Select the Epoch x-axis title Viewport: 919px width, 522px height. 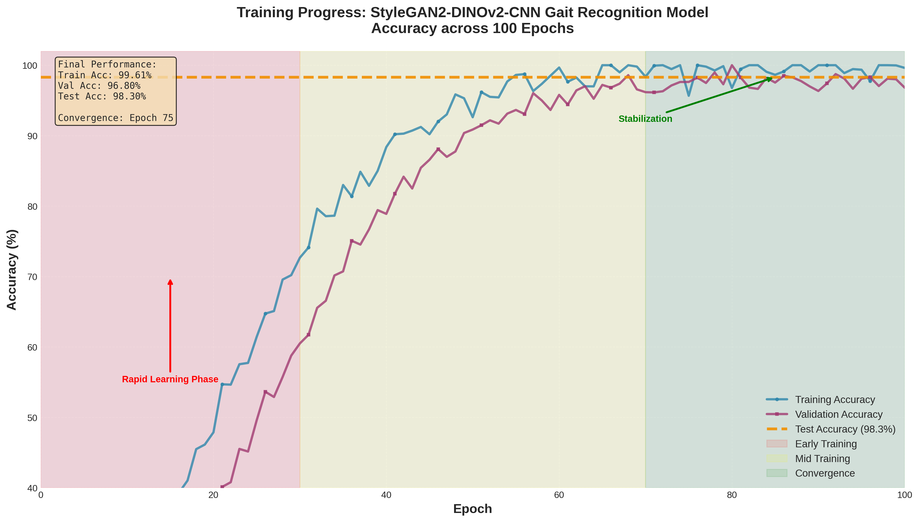472,508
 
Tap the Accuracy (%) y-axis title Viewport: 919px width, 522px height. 12,270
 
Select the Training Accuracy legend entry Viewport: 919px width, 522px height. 835,399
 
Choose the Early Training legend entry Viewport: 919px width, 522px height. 825,444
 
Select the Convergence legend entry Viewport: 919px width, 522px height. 825,473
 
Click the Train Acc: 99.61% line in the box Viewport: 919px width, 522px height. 105,75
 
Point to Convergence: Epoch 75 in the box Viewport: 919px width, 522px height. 115,118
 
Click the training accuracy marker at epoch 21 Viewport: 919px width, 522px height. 222,384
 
